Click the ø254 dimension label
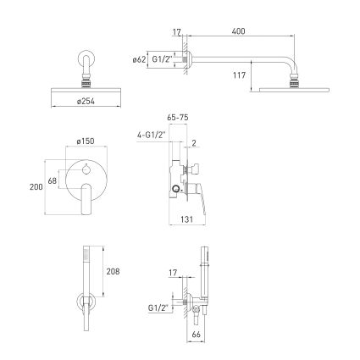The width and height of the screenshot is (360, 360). (x=86, y=101)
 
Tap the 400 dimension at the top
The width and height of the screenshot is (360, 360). (x=238, y=31)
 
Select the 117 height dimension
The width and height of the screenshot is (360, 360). (x=239, y=75)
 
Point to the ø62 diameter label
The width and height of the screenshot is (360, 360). (x=139, y=59)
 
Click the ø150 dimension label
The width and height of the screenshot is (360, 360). (x=86, y=141)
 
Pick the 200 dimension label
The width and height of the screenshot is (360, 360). (x=36, y=186)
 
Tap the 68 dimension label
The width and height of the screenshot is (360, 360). (x=53, y=180)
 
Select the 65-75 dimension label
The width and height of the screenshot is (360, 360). (x=178, y=118)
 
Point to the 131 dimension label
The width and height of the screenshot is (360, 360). (x=186, y=219)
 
